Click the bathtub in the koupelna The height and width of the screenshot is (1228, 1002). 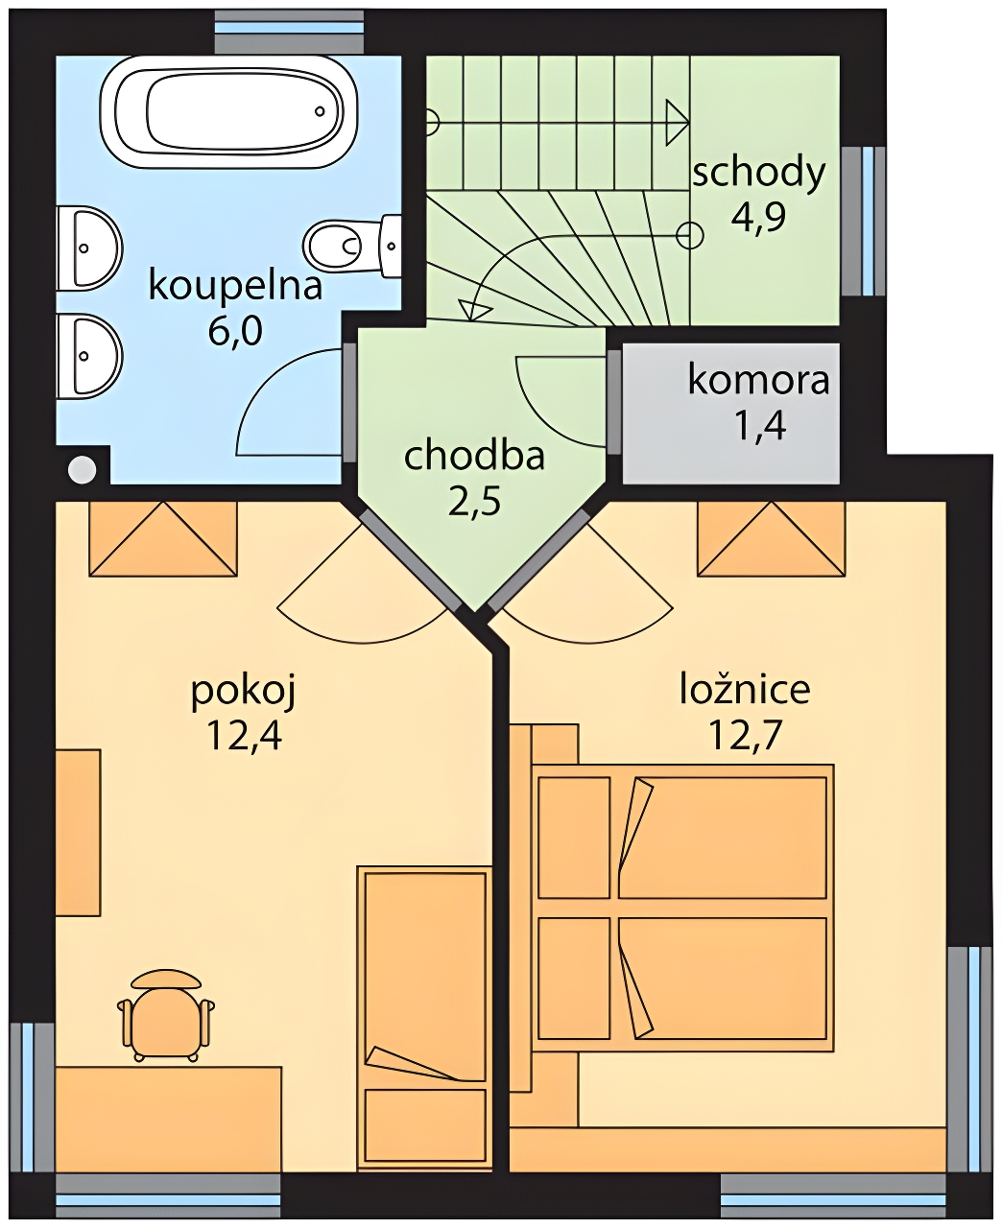(x=228, y=112)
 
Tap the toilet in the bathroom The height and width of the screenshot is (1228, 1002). (x=351, y=246)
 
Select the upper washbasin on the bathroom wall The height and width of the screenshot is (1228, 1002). (x=89, y=248)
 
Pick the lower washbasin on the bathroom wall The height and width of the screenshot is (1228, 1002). (x=89, y=356)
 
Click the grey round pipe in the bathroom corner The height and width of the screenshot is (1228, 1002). (x=82, y=469)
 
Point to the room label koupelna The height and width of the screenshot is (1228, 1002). (x=235, y=287)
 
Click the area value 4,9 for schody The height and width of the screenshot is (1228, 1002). (x=758, y=217)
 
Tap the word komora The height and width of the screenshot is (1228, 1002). (x=758, y=380)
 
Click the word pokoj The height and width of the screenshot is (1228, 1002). (x=244, y=692)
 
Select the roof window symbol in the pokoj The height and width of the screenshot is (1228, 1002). (x=163, y=538)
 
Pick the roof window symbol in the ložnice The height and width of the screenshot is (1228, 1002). (x=772, y=538)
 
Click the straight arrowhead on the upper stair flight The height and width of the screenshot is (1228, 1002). (x=677, y=122)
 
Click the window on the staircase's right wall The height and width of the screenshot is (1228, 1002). (x=865, y=221)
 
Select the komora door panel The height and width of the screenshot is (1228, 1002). (x=613, y=402)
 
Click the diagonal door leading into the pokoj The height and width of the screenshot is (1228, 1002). (x=408, y=560)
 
